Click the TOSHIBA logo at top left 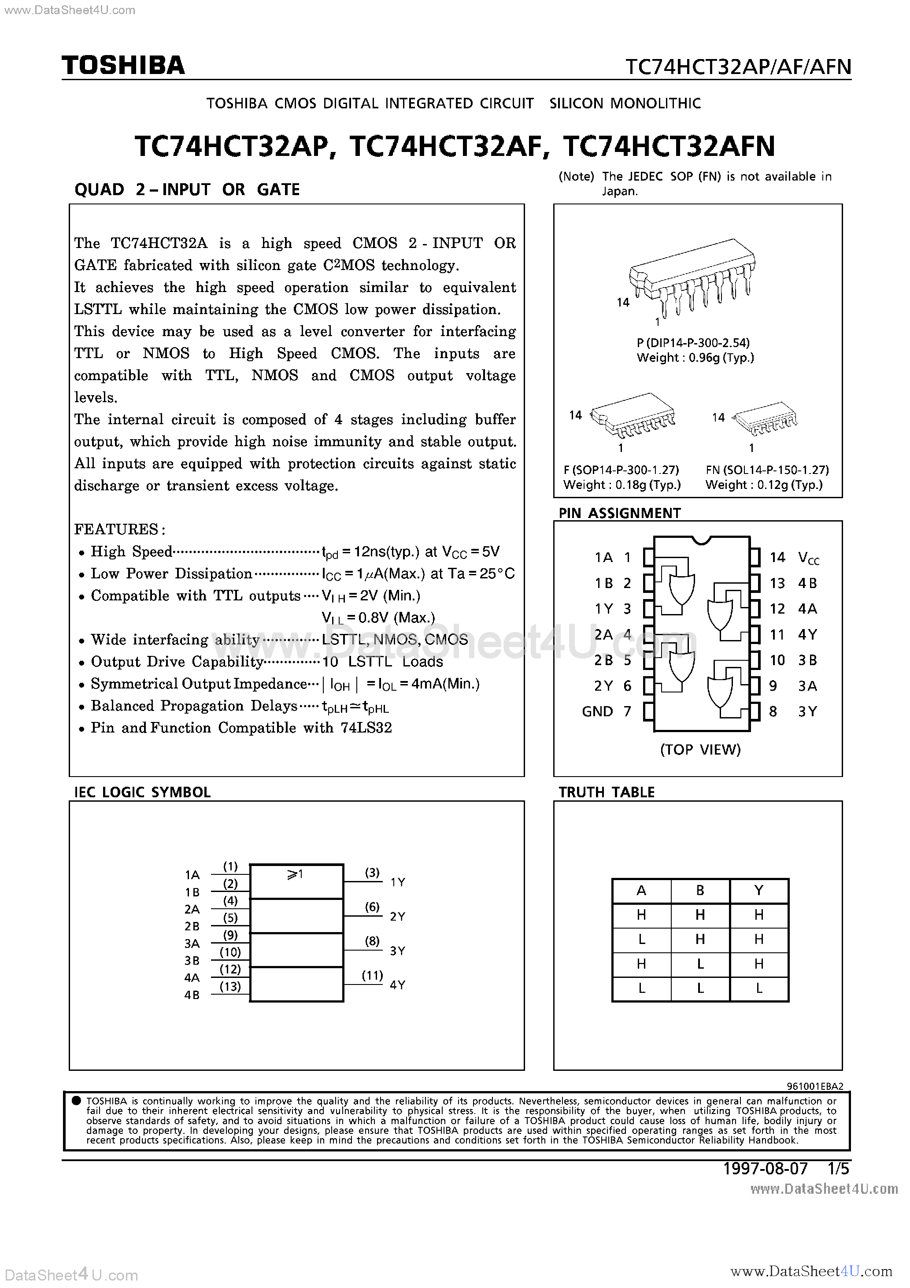123,66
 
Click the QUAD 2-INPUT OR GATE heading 187,189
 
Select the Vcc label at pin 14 808,558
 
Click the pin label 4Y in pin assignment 807,634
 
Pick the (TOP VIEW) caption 700,749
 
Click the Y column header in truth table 758,890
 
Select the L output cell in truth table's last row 758,989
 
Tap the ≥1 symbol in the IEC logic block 295,874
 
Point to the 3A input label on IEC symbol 192,944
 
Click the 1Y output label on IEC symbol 397,882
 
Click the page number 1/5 839,1169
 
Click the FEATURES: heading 119,529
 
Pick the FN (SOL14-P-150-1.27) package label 767,470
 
